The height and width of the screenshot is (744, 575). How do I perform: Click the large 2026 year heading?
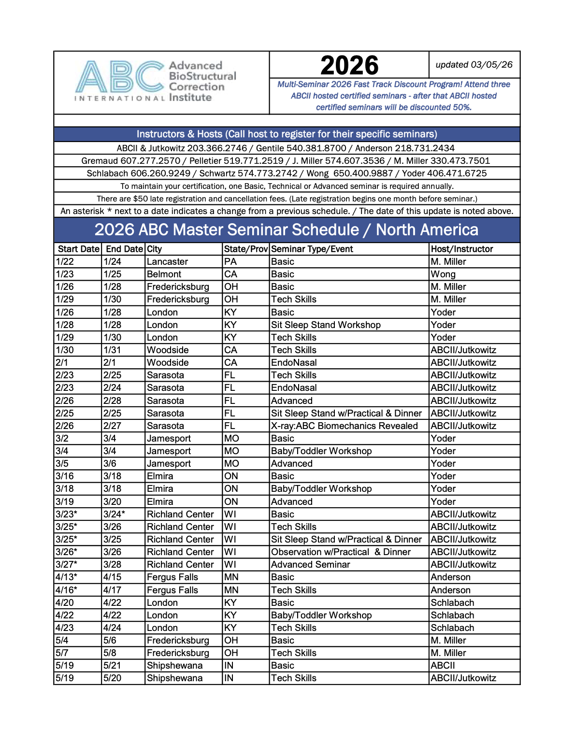349,65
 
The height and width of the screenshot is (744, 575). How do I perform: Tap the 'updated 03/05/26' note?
474,65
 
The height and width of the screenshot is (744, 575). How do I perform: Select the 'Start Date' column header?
78,249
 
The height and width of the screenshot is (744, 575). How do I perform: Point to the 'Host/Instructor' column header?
462,249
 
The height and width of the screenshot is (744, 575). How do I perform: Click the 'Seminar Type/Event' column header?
312,249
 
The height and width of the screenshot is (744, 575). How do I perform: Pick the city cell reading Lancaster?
167,261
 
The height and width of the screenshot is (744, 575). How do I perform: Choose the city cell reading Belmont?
164,274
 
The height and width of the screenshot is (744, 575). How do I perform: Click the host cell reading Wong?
443,274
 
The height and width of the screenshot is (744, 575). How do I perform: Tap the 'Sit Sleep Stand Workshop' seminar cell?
326,325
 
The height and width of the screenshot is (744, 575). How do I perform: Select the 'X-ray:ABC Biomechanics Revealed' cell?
344,426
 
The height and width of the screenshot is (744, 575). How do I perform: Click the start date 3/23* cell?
66,514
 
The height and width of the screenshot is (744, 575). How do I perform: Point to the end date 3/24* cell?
114,514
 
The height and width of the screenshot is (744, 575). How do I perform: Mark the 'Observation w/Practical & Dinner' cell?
341,552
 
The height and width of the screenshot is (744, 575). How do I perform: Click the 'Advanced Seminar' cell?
310,564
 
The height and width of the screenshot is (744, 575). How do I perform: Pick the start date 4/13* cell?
66,577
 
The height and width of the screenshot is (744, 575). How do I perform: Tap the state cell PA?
230,261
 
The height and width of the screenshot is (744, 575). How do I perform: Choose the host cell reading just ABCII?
443,665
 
